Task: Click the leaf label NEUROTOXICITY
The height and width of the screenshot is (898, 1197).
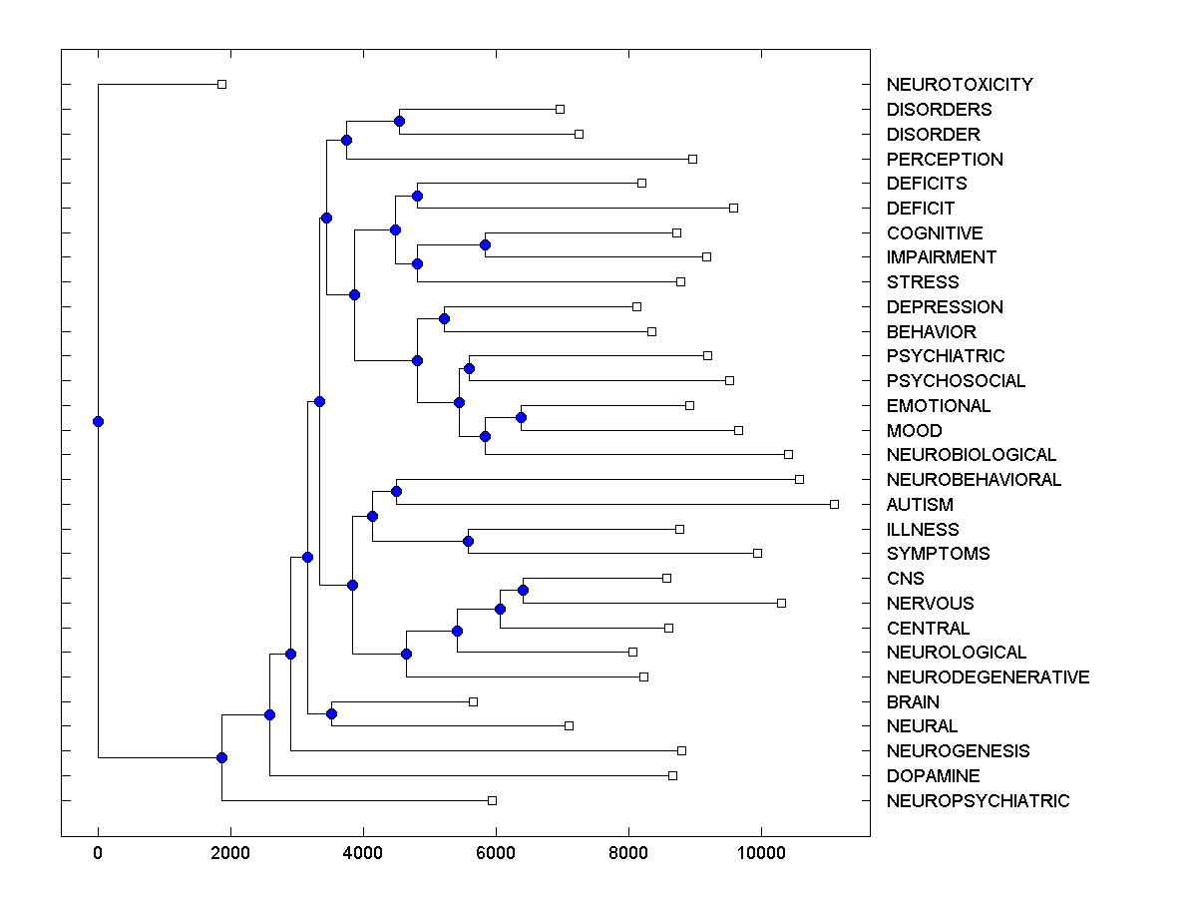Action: click(959, 85)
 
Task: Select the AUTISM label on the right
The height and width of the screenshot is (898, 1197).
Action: click(919, 505)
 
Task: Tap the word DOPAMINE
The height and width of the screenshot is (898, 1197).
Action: click(933, 776)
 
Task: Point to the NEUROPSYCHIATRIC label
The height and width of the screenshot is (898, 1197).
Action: click(977, 801)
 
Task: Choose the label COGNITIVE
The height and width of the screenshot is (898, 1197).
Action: click(934, 233)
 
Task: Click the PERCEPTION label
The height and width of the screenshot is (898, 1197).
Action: click(944, 160)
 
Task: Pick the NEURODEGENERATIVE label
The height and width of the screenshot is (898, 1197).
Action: click(987, 677)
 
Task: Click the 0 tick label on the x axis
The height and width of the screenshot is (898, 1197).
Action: click(98, 851)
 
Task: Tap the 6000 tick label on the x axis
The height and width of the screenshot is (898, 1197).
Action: click(496, 851)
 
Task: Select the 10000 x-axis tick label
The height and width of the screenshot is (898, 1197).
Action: click(761, 851)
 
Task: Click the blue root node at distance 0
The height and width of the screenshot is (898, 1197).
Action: click(98, 421)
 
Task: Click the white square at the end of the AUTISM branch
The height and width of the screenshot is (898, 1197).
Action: click(834, 504)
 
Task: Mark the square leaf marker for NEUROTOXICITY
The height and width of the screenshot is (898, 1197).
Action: click(221, 84)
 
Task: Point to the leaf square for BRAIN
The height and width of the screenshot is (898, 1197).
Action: click(473, 701)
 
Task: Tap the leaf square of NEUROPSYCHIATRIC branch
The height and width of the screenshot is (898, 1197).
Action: click(492, 800)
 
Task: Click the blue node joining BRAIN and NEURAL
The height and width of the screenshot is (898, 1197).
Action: click(331, 713)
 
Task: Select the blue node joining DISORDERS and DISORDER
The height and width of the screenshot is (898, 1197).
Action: click(399, 121)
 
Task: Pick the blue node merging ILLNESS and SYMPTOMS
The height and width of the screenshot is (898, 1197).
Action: click(468, 541)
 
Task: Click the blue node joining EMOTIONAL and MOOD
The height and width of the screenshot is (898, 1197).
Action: click(521, 417)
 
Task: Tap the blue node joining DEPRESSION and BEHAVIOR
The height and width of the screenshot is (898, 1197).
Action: click(444, 318)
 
